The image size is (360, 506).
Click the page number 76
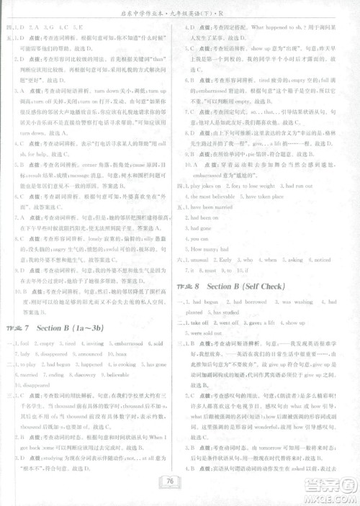pyautogui.click(x=180, y=482)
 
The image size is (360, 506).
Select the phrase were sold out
pyautogui.click(x=210, y=334)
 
